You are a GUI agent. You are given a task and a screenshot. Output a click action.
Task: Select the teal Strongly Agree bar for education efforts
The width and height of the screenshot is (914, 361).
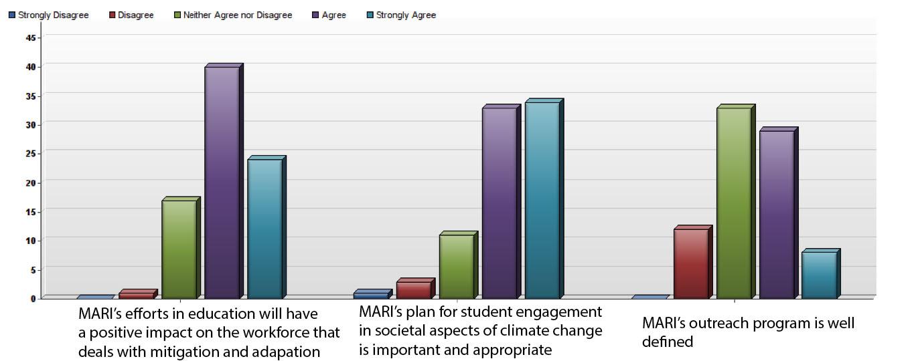pyautogui.click(x=264, y=229)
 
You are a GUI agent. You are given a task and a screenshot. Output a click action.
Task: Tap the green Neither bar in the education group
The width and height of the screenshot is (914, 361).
pyautogui.click(x=179, y=249)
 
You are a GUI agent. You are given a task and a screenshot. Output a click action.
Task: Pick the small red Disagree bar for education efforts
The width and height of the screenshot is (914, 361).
pyautogui.click(x=136, y=295)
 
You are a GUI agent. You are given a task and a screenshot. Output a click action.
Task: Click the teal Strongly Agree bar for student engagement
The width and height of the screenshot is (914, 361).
pyautogui.click(x=542, y=200)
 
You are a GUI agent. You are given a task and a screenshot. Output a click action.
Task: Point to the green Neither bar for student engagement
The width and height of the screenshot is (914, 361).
pyautogui.click(x=456, y=266)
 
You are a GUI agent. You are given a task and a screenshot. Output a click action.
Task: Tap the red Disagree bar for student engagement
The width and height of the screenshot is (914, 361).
pyautogui.click(x=413, y=289)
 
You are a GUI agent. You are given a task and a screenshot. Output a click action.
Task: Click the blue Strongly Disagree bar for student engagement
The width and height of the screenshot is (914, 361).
pyautogui.click(x=370, y=295)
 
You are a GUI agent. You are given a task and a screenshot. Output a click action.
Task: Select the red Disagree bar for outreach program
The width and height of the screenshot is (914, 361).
pyautogui.click(x=690, y=263)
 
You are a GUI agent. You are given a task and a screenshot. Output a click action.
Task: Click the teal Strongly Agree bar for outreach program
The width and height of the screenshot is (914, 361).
pyautogui.click(x=818, y=275)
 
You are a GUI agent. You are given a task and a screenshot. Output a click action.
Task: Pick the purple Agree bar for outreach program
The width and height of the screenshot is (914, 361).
pyautogui.click(x=776, y=214)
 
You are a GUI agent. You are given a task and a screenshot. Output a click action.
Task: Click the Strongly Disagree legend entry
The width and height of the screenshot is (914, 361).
pyautogui.click(x=48, y=15)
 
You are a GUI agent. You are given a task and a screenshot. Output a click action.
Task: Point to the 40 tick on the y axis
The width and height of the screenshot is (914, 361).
pyautogui.click(x=31, y=66)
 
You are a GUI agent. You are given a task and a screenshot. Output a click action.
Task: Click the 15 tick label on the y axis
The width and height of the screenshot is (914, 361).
pyautogui.click(x=31, y=211)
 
